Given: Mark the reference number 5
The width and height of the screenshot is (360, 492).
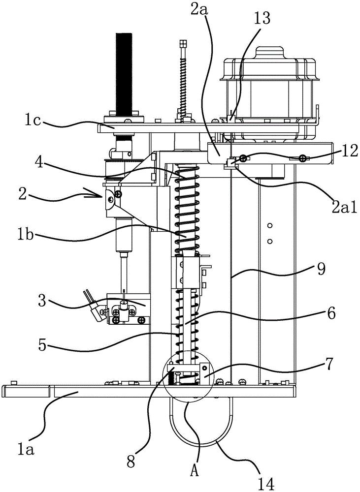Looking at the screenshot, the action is click(41, 345).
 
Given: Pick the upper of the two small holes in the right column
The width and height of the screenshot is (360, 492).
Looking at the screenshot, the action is click(269, 226).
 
